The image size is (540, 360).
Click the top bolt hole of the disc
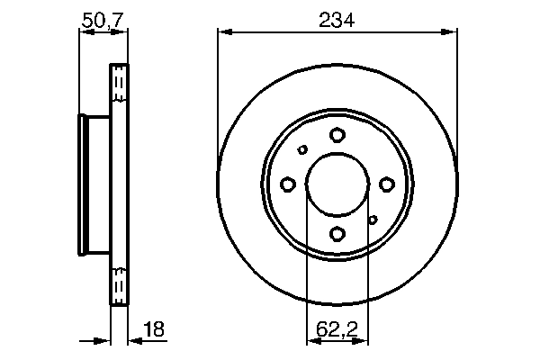tap(337, 135)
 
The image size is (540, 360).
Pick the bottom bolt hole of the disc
tap(337, 234)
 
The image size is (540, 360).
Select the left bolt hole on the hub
tap(288, 184)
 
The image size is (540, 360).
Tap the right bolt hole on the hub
tap(386, 184)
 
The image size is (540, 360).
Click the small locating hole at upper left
tap(302, 150)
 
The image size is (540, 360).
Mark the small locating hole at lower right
tap(372, 219)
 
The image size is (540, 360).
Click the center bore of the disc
tap(337, 184)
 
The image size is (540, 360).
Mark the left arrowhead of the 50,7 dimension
tap(84, 33)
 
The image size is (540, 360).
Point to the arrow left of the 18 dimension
tap(104, 341)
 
